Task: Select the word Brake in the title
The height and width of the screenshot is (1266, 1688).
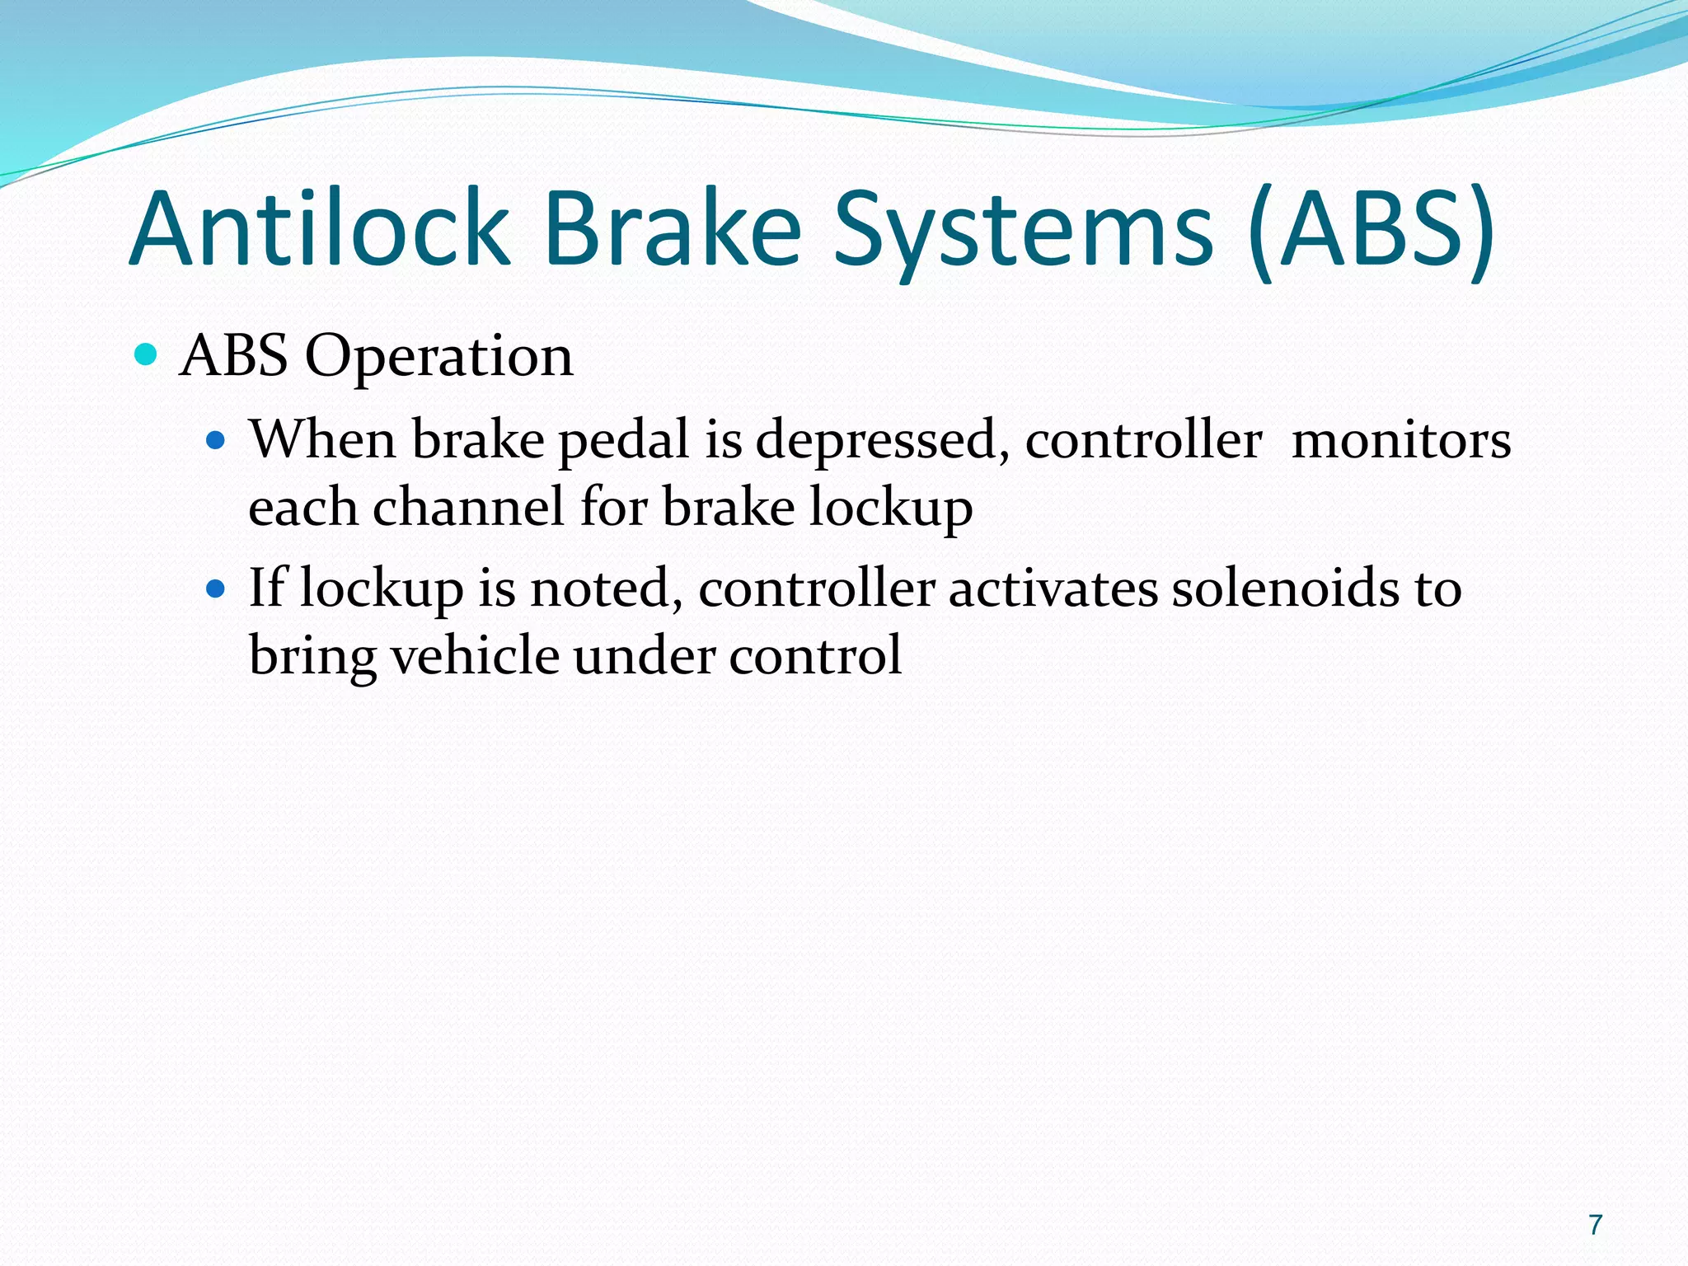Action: pyautogui.click(x=672, y=230)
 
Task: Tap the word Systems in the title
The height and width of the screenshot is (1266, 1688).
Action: pyautogui.click(x=1023, y=230)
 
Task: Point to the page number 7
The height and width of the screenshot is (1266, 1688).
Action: pyautogui.click(x=1596, y=1225)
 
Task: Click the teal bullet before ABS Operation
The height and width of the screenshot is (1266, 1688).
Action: pyautogui.click(x=145, y=355)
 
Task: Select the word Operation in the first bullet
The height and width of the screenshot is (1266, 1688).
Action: pyautogui.click(x=438, y=358)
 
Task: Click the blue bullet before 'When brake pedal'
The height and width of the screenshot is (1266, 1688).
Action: pyautogui.click(x=216, y=440)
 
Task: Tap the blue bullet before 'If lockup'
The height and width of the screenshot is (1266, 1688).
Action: pyautogui.click(x=216, y=589)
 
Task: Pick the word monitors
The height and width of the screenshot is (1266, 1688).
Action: pyautogui.click(x=1400, y=440)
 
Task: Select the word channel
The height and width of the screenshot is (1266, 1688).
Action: pyautogui.click(x=469, y=507)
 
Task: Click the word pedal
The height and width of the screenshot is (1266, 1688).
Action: pyautogui.click(x=624, y=442)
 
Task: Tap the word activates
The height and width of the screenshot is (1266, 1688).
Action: pyautogui.click(x=1053, y=589)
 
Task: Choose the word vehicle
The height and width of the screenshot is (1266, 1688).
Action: pyautogui.click(x=475, y=656)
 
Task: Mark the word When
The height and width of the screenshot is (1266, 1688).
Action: pyautogui.click(x=323, y=440)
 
